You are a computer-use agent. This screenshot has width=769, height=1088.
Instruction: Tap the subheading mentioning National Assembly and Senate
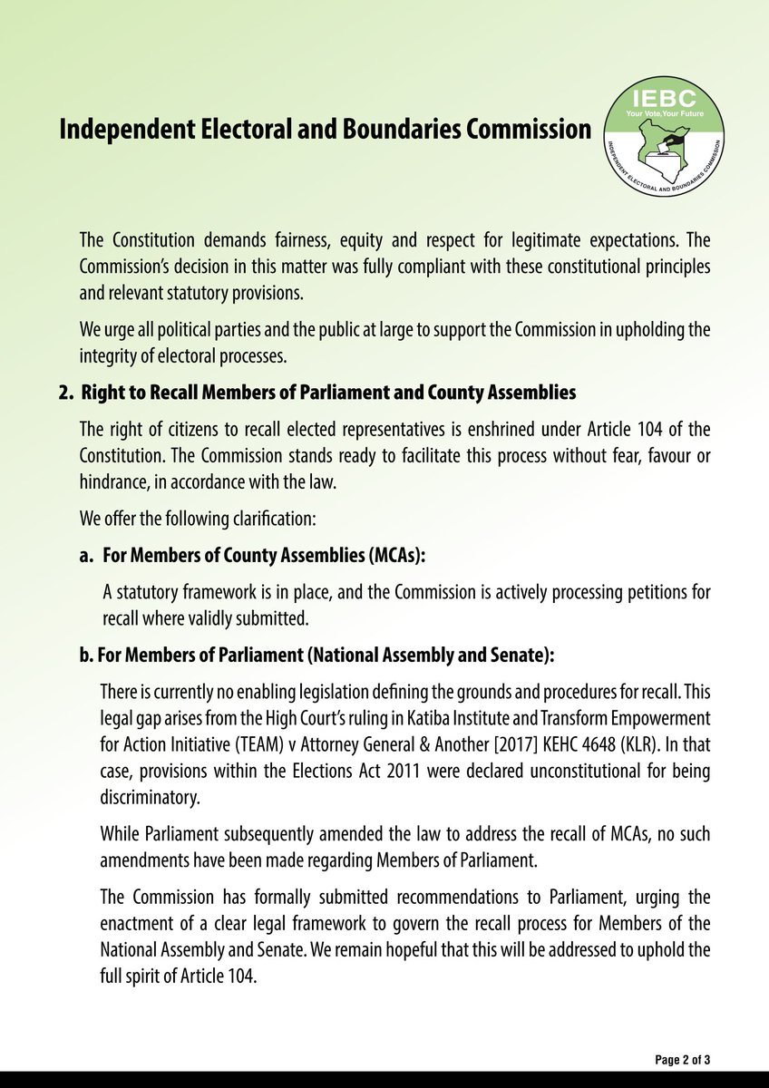[x=317, y=655]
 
